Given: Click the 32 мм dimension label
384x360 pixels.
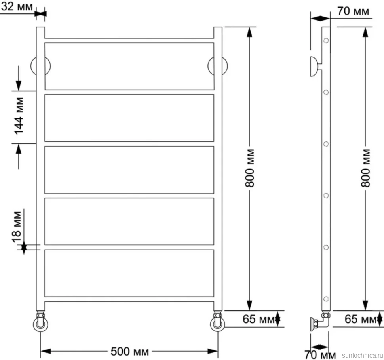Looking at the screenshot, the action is tap(17, 7).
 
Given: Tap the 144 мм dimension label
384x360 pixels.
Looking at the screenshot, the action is tap(19, 116).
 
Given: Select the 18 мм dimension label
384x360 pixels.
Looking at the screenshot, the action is tap(17, 227).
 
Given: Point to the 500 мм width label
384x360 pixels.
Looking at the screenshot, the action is tap(129, 352).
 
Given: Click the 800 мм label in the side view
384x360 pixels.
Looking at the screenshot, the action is tap(365, 168).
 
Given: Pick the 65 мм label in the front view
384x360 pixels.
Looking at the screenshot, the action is tap(259, 319).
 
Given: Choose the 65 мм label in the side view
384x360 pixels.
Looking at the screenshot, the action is tap(361, 319).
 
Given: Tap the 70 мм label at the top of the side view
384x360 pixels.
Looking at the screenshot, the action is tap(353, 11).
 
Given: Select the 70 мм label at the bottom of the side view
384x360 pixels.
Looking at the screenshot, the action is tap(320, 354).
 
